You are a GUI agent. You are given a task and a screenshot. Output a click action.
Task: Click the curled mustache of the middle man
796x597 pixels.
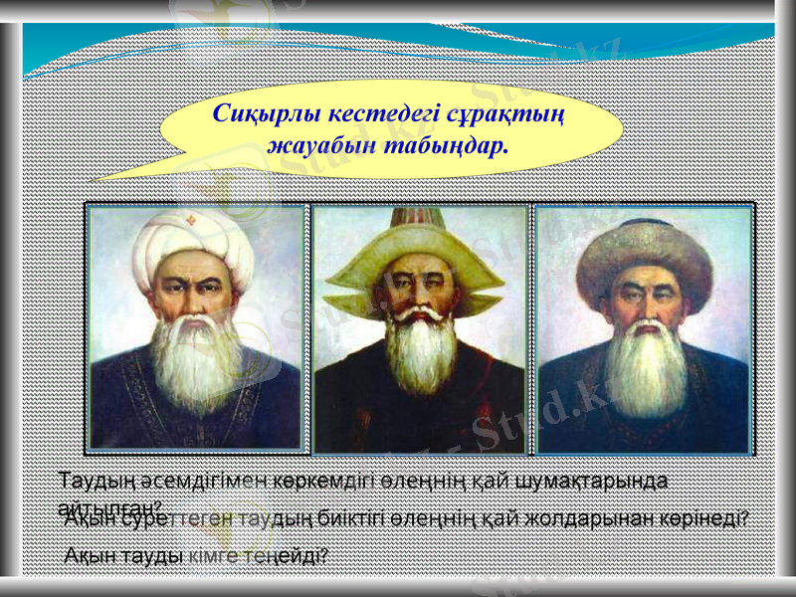pyautogui.click(x=422, y=316)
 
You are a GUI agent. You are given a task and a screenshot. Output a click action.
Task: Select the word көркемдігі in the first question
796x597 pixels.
pyautogui.click(x=319, y=480)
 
